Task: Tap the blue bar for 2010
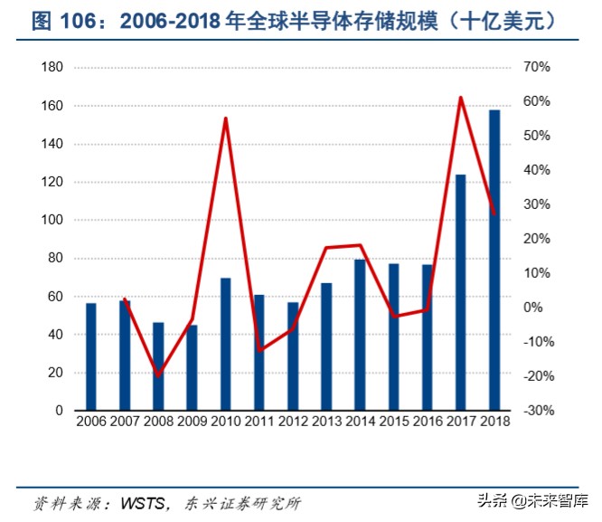click(x=225, y=344)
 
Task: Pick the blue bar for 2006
click(x=90, y=356)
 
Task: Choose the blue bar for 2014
click(x=360, y=335)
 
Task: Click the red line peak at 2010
click(x=225, y=119)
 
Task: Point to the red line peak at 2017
click(x=460, y=98)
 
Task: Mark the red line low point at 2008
click(x=158, y=375)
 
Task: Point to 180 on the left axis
click(x=52, y=68)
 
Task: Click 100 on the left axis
click(x=52, y=220)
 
